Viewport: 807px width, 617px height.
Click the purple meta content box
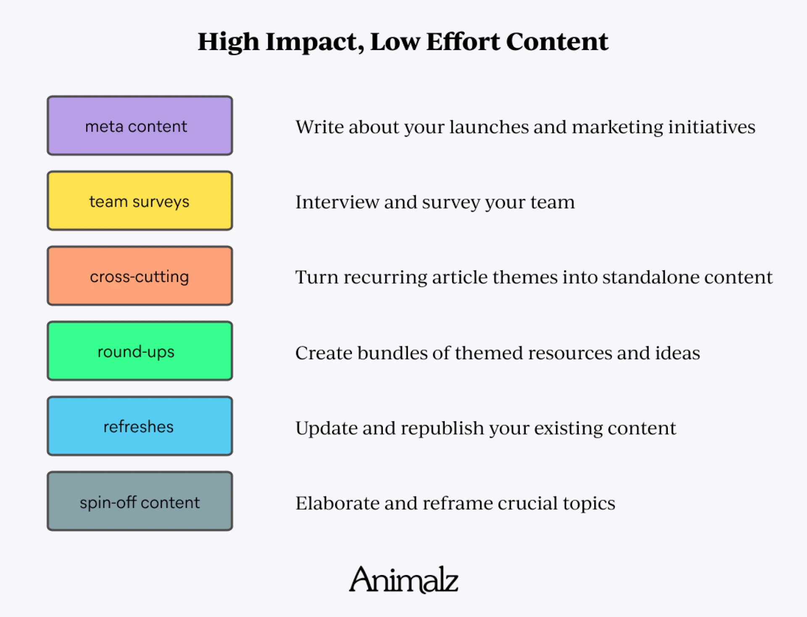(x=140, y=126)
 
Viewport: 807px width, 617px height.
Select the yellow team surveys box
(x=140, y=201)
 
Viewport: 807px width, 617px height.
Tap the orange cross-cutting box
(x=140, y=276)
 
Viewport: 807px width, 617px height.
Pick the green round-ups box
(x=140, y=351)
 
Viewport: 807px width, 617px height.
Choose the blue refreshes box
(x=140, y=426)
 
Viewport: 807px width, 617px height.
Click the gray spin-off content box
(x=140, y=501)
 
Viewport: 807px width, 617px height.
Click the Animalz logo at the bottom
(x=403, y=580)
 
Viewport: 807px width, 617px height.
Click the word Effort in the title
(x=463, y=42)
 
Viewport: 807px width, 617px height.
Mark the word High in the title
(x=229, y=42)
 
